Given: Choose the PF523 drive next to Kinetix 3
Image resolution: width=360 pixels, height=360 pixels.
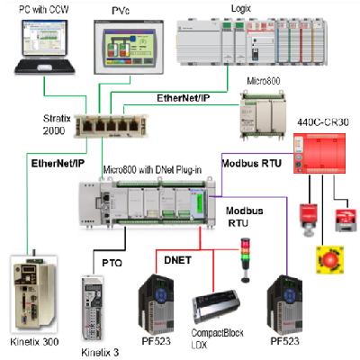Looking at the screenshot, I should click(156, 301).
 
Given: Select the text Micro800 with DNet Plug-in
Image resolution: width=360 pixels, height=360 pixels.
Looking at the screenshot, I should click(149, 168).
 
